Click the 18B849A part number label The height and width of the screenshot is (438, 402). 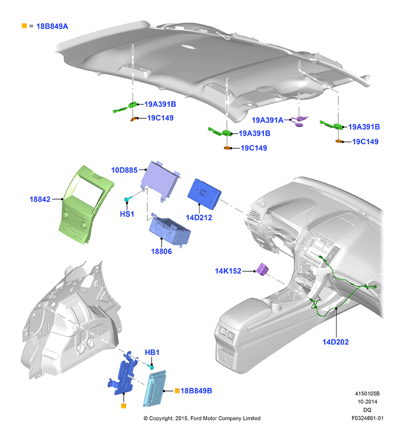pos(52,26)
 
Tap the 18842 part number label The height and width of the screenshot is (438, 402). pos(40,199)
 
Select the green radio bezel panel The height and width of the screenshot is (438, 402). pos(85,205)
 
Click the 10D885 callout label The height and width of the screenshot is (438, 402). pos(124,170)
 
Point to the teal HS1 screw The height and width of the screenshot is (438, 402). pos(127,199)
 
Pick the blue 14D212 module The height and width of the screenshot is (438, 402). pos(204,194)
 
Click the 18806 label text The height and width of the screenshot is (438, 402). pos(161,251)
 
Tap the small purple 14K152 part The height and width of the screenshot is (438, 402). pos(262,269)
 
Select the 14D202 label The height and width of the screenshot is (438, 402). pos(335,342)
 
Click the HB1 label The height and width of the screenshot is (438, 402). pos(152,352)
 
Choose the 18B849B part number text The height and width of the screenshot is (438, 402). pos(196,390)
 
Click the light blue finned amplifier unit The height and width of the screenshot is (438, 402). pos(154,388)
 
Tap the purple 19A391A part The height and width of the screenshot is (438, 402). pos(299,121)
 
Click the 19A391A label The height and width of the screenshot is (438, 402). pos(267,120)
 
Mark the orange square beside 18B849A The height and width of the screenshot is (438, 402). pos(24,26)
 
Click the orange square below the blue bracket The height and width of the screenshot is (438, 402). pos(123,406)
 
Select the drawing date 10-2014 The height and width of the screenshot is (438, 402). pos(367,402)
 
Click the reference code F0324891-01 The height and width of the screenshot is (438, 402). pos(367,418)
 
